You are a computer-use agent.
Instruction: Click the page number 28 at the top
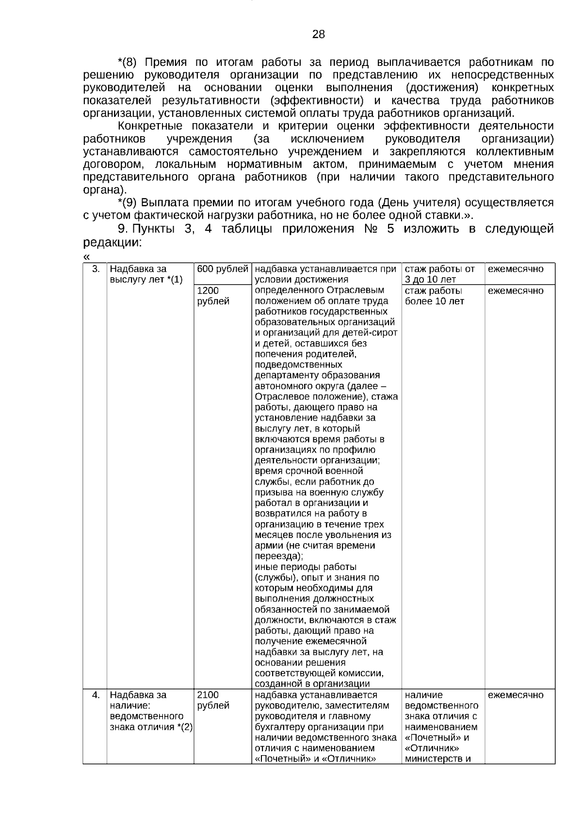[318, 34]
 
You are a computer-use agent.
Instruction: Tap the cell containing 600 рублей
[223, 269]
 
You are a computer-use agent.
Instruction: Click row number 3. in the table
[96, 269]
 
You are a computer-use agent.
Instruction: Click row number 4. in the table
[96, 695]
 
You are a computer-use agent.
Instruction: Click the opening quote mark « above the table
[86, 256]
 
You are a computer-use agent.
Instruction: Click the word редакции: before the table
[112, 242]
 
